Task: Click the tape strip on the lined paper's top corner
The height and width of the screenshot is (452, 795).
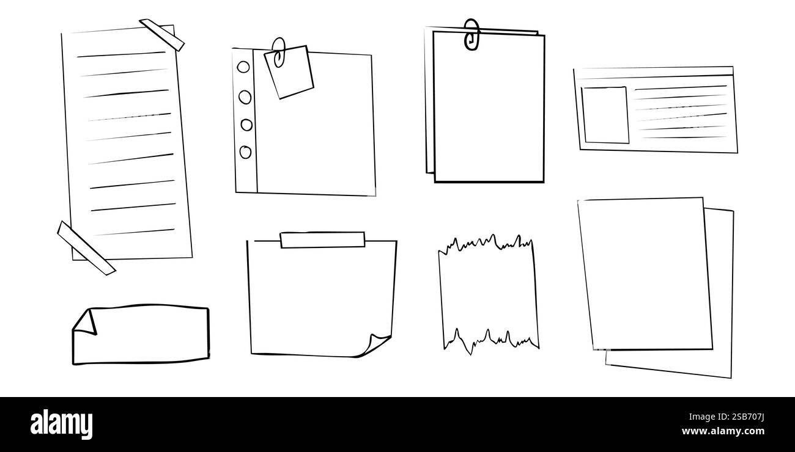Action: pos(162,35)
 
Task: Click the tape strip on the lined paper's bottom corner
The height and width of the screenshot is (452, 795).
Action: pos(86,247)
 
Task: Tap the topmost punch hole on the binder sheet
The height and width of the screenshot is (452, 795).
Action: pos(243,67)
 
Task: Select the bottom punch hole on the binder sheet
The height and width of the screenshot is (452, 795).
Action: pos(245,152)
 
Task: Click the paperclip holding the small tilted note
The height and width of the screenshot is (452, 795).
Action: pos(279,51)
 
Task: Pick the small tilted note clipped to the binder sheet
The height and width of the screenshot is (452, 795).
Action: pos(289,73)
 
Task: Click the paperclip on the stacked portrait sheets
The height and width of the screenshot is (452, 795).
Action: pos(471,34)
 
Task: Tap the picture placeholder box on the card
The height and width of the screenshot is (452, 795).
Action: pos(605,115)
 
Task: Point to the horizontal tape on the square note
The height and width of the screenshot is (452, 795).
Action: pos(322,240)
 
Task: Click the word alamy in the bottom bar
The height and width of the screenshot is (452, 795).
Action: pos(61,425)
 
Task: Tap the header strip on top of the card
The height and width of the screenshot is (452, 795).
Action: pos(653,72)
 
